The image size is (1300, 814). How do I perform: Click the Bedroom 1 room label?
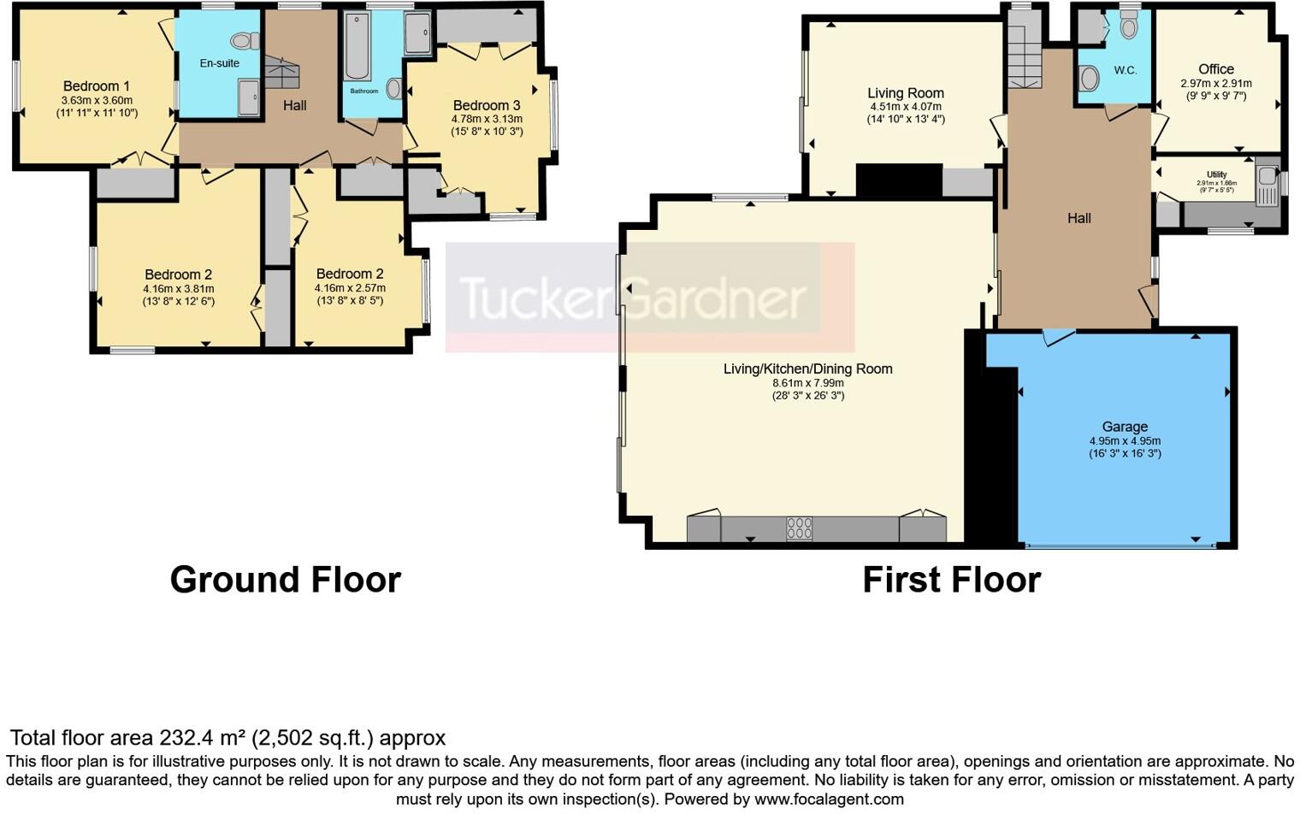point(96,86)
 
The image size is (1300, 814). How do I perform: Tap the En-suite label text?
point(220,63)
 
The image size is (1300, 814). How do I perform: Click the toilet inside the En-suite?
point(245,40)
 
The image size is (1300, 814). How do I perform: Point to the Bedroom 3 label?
point(486,105)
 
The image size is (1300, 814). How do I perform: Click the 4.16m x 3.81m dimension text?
point(178,288)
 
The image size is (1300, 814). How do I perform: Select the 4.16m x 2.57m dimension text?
point(350,288)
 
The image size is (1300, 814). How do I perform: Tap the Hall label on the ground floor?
point(295,105)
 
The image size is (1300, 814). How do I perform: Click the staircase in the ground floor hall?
point(281,73)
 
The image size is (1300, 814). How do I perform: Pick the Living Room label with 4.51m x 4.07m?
point(905,93)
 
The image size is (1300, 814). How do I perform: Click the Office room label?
point(1215,69)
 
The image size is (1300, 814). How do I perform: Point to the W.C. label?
point(1125,70)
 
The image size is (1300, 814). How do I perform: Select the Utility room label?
point(1216,174)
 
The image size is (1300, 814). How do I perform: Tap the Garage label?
point(1125,427)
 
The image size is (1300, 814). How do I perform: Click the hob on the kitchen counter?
point(799,528)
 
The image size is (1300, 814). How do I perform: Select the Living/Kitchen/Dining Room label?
point(807,369)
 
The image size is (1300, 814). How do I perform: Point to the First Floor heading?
point(951,580)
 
